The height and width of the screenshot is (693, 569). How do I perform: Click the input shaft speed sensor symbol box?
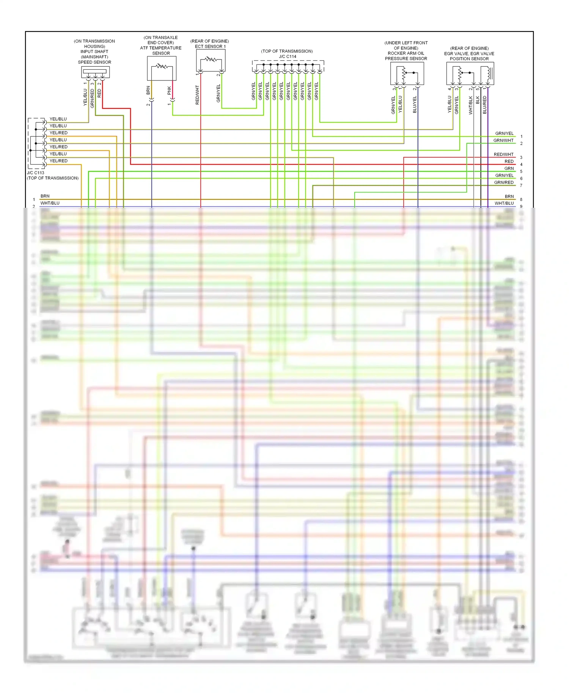(x=95, y=72)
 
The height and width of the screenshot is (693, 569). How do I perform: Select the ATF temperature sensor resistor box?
(x=162, y=68)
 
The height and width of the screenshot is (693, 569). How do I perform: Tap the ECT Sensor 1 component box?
(x=211, y=60)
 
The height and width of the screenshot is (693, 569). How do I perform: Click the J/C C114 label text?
(x=287, y=56)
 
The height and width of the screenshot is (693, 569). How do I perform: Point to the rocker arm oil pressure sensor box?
(x=407, y=73)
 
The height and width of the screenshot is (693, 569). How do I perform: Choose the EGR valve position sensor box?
(x=470, y=73)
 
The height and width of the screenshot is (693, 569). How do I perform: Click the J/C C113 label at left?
(x=35, y=173)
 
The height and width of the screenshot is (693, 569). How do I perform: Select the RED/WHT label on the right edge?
(x=503, y=154)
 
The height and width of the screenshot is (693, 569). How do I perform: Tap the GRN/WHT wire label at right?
(x=503, y=140)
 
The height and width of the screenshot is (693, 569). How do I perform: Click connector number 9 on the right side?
(x=521, y=207)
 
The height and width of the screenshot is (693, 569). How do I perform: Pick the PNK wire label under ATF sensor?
(x=169, y=90)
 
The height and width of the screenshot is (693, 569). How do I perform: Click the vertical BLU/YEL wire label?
(x=415, y=104)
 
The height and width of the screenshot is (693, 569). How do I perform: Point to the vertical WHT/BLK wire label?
(x=471, y=105)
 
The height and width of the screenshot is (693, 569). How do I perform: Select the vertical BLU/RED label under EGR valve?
(x=485, y=105)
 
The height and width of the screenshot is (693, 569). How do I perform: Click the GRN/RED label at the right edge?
(x=504, y=182)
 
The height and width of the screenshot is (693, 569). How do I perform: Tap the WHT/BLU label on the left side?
(x=50, y=203)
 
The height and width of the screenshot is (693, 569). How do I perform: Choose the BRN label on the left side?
(x=45, y=196)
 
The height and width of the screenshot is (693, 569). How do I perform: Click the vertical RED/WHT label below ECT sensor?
(x=197, y=95)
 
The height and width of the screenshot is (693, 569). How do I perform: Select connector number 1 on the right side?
(x=521, y=136)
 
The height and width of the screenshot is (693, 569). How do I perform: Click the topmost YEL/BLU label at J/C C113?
(x=58, y=119)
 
